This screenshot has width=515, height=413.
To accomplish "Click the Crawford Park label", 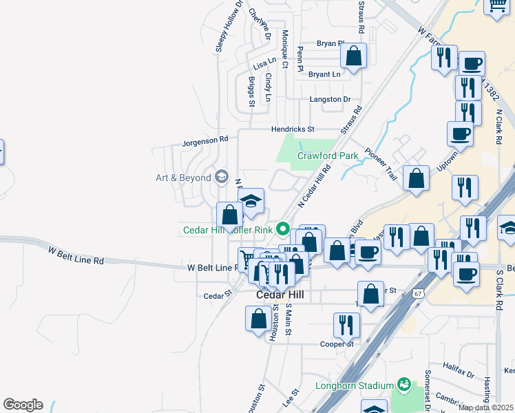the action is tap(328, 156).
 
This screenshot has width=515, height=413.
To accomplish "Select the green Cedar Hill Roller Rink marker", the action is tap(282, 229).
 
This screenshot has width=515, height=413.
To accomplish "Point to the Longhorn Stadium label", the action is tap(354, 385).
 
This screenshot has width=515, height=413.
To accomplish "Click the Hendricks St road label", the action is tap(292, 129).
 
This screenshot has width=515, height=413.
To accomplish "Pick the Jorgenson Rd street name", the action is tap(204, 140).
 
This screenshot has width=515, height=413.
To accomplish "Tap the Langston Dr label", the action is tap(330, 99).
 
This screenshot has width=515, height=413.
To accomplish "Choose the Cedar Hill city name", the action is tap(280, 294).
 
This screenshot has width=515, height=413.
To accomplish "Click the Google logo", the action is tap(23, 405).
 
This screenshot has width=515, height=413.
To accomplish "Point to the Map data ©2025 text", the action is tap(485, 407).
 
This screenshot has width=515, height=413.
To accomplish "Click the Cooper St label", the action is tap(337, 344).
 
